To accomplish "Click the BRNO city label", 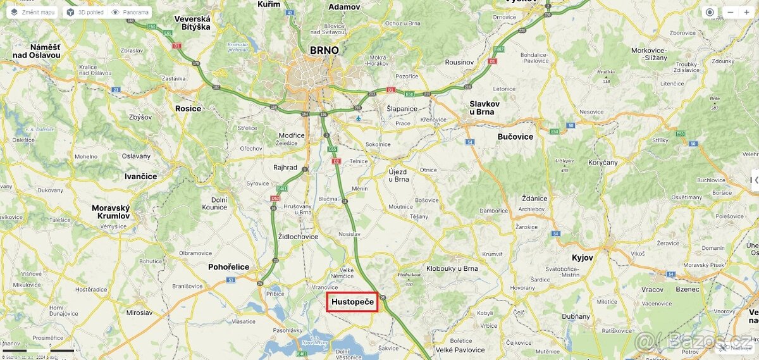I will pos(324,51).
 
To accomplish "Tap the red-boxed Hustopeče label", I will pos(352,302).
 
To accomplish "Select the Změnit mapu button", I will pos(33,12).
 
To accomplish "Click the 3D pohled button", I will pos(85,12).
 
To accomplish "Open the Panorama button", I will pos(130,12).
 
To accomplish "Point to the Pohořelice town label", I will pos(228,267).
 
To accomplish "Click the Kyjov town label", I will pos(583,258).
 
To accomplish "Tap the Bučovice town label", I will pos(515,137).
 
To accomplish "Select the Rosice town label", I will pos(188,108).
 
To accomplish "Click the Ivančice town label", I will pos(140,177).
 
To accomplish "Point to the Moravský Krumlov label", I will pos(111,212).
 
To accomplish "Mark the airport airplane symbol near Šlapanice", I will pos(359,118).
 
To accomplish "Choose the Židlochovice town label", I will pos(298,237).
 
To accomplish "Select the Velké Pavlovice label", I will pos(460,350).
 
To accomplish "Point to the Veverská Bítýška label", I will pos(192,23).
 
